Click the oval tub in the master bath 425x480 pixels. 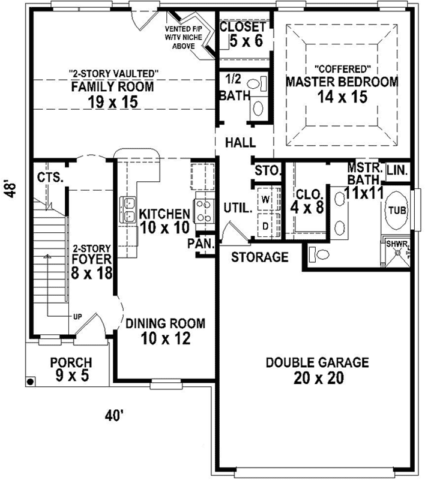coord(396,211)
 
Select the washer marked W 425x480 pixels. coord(265,197)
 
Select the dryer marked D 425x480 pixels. coord(265,225)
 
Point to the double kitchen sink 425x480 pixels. coord(128,210)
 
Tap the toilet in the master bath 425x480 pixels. coord(319,254)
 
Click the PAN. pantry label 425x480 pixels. coord(198,243)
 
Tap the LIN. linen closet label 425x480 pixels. coord(397,171)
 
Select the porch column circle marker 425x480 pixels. coord(29,381)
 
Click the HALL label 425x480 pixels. coord(240,143)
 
